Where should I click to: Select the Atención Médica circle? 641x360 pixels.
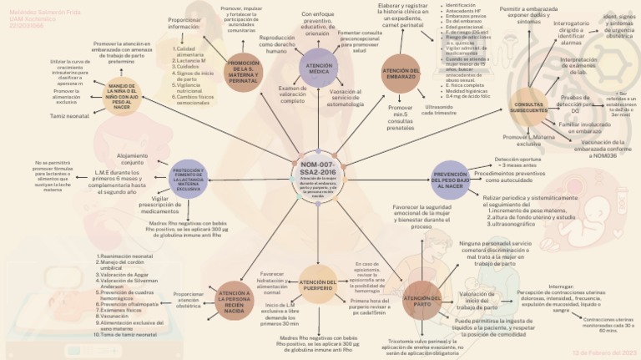(x=318, y=68)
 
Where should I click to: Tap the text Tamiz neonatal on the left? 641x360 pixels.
(x=69, y=116)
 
